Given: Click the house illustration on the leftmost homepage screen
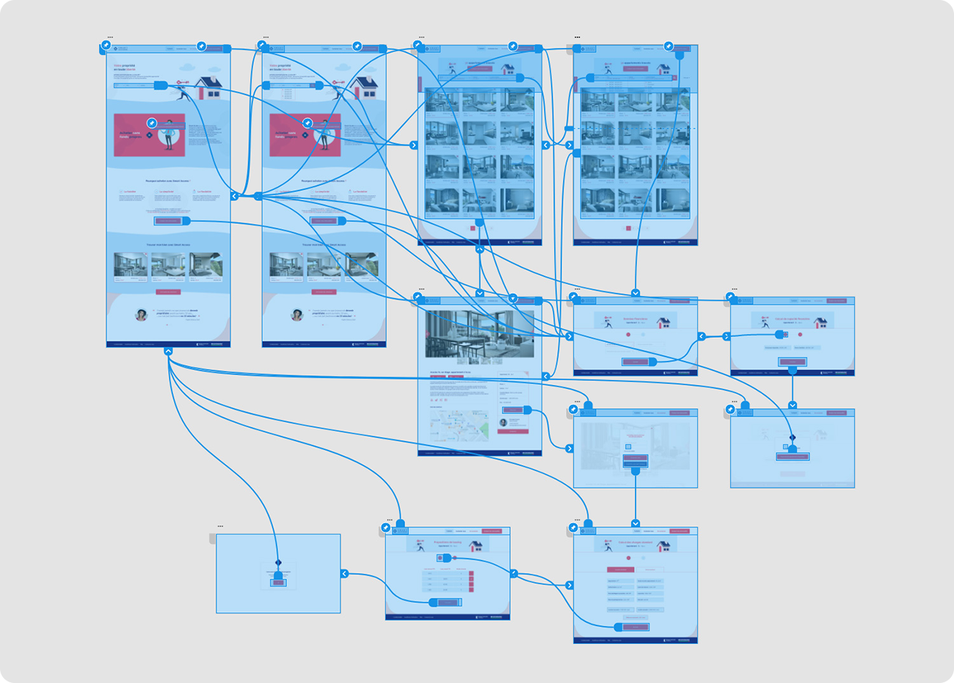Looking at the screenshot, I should point(211,87).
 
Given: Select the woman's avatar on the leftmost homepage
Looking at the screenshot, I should point(141,314).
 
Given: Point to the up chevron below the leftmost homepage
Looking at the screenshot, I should point(168,352).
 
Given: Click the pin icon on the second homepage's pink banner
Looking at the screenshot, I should point(307,123).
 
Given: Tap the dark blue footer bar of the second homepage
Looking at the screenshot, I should point(324,344).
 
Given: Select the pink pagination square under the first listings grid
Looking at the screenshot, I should point(473,228).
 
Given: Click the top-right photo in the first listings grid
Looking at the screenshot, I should point(518,101).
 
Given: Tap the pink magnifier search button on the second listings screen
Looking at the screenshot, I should point(674,78).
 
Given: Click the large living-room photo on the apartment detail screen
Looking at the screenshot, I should point(480,333).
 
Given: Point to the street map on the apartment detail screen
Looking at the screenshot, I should point(459,427).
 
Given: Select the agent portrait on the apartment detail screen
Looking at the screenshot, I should point(503,422).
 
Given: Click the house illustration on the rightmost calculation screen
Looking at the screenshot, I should point(820,322).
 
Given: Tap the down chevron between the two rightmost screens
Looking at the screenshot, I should point(793,405).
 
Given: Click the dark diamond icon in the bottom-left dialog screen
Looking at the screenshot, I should point(278,563).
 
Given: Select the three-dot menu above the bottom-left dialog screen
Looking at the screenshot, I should point(220,527).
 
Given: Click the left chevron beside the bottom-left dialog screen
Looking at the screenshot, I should point(344,574).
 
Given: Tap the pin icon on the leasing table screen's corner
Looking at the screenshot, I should point(386,528).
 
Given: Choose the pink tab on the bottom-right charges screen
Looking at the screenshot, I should point(621,570).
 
